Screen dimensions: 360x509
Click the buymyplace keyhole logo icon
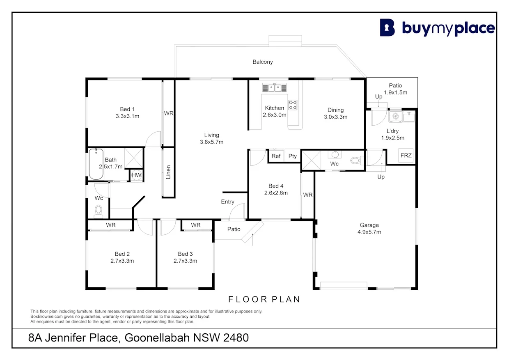387,28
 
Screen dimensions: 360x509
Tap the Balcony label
263,62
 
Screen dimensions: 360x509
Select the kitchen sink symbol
274,87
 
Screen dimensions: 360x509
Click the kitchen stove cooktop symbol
293,105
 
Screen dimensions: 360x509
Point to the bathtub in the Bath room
96,164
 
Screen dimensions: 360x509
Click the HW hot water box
136,176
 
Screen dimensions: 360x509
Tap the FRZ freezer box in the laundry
406,156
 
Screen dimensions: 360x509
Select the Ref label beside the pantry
276,156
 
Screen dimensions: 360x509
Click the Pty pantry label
292,156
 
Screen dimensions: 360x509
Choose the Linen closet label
168,172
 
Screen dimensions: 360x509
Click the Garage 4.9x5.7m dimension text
369,232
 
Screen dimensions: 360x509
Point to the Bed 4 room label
276,186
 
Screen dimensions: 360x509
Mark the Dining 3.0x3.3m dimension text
336,117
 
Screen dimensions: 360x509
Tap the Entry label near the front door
227,202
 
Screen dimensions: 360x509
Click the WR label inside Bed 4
308,195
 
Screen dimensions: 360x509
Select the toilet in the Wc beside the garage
356,161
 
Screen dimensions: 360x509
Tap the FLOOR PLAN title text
264,299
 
